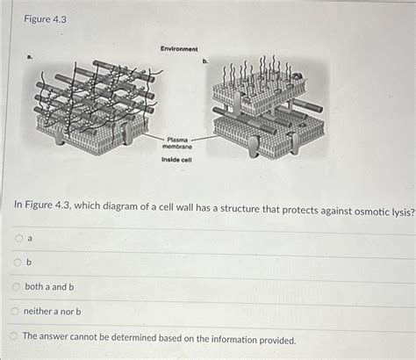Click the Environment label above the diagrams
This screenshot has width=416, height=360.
pyautogui.click(x=178, y=48)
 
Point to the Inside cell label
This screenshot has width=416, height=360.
pyautogui.click(x=176, y=161)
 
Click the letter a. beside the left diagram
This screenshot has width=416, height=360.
pyautogui.click(x=29, y=55)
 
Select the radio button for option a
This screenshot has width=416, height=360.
pyautogui.click(x=17, y=238)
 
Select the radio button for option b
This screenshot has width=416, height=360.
pyautogui.click(x=17, y=262)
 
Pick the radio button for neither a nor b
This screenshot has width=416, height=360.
pyautogui.click(x=14, y=311)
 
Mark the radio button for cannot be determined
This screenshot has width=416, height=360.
pyautogui.click(x=13, y=336)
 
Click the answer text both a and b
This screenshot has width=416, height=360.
pyautogui.click(x=49, y=286)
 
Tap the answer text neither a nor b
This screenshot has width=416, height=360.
pyautogui.click(x=53, y=311)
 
